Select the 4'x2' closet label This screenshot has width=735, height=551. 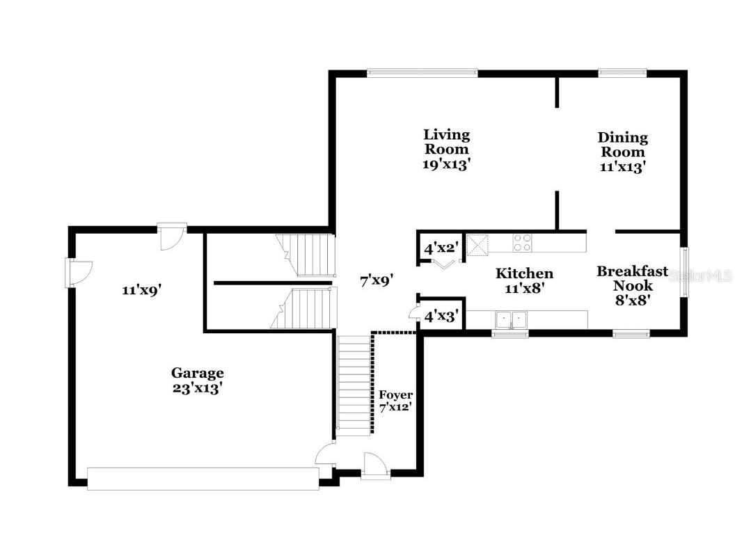(439, 248)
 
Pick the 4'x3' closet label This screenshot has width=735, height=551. (439, 316)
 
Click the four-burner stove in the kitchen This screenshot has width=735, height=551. (523, 243)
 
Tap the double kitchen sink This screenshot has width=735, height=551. (511, 319)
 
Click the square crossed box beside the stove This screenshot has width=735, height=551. (477, 244)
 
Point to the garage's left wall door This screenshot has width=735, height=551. (77, 272)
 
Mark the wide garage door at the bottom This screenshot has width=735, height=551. (203, 479)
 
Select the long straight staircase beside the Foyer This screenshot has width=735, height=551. (354, 384)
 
